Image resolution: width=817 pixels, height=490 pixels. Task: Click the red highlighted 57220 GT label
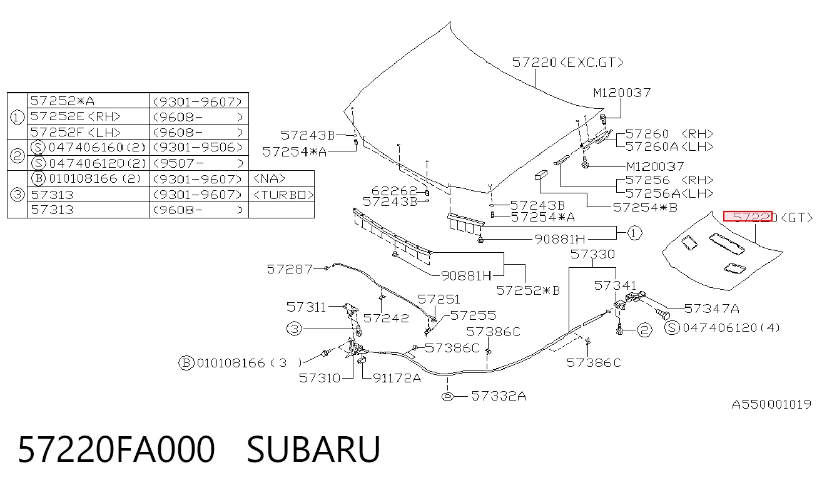tap(748, 217)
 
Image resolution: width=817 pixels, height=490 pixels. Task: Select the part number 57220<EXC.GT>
tap(568, 63)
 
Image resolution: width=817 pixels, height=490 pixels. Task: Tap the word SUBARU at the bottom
tap(313, 449)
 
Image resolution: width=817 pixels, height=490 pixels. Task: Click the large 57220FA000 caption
tap(116, 449)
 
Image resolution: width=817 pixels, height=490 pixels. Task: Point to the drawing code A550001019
tap(771, 404)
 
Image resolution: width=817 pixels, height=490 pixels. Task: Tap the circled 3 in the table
tap(17, 195)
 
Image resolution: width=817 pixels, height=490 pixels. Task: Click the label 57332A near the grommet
tap(499, 396)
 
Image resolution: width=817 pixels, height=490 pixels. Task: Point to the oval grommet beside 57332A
tap(447, 396)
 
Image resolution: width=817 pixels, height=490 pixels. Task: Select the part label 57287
tap(290, 269)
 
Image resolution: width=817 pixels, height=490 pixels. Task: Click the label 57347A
tap(712, 309)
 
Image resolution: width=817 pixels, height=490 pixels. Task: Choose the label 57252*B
tap(528, 290)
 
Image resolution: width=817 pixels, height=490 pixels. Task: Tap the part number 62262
tap(394, 191)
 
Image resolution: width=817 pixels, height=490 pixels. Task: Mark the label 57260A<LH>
tap(669, 146)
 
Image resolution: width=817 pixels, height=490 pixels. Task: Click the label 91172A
tap(397, 378)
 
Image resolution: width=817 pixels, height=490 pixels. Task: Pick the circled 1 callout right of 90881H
tap(634, 233)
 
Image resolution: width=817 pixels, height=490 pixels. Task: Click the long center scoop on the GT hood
tap(727, 243)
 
